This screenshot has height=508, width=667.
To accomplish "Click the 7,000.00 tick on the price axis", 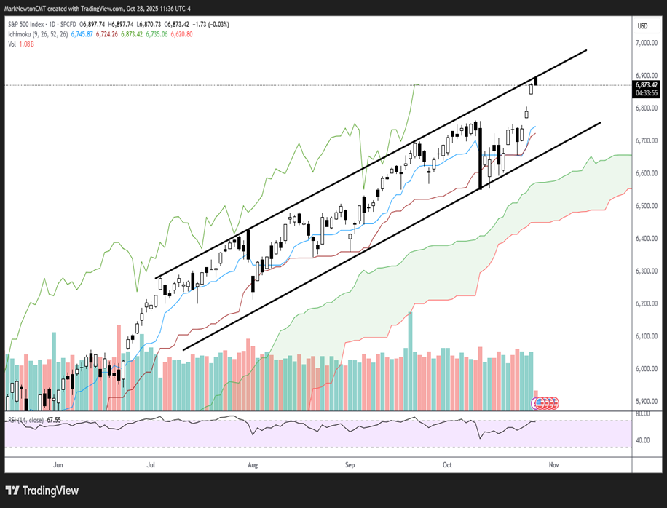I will click(646, 44).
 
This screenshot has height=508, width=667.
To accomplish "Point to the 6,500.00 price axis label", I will click(646, 206).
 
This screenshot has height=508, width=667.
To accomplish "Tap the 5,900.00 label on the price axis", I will click(646, 401).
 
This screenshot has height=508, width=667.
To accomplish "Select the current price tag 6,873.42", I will click(646, 84).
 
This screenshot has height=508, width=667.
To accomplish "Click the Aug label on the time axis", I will click(253, 464).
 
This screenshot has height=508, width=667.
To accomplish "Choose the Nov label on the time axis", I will click(553, 464).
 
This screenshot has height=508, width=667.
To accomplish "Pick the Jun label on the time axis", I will click(58, 464).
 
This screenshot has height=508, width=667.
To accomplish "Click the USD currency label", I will click(642, 25).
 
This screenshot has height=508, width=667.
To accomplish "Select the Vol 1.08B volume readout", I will click(23, 44).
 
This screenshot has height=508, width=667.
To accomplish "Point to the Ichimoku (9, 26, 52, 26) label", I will click(36, 34).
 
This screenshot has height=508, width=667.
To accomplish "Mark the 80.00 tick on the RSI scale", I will click(643, 413).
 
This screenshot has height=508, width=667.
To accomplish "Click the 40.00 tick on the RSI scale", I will click(643, 440).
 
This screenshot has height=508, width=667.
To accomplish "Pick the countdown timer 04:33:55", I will click(646, 92).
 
